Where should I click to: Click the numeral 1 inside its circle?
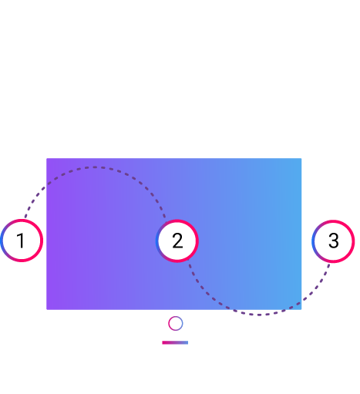[x=21, y=241]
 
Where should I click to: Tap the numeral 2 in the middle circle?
[x=177, y=241]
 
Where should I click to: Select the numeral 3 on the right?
[x=334, y=241]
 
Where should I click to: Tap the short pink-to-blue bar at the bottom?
[x=175, y=342]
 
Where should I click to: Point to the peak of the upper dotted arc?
[x=95, y=167]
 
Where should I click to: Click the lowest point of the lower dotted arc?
[x=259, y=315]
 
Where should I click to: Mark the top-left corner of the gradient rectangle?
[x=46, y=158]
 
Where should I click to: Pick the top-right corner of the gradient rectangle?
[x=301, y=158]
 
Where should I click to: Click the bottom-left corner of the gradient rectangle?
[x=46, y=309]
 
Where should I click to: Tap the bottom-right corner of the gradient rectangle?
[x=301, y=309]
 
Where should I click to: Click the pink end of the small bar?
[x=163, y=342]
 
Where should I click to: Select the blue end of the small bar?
[x=187, y=342]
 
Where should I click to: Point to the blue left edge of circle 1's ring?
[x=2, y=241]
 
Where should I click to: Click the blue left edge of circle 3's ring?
[x=313, y=241]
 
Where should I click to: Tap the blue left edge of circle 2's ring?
[x=156, y=241]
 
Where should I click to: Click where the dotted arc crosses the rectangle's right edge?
[x=301, y=301]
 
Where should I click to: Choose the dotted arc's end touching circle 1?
[x=25, y=217]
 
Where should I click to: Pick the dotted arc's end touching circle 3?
[x=329, y=264]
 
